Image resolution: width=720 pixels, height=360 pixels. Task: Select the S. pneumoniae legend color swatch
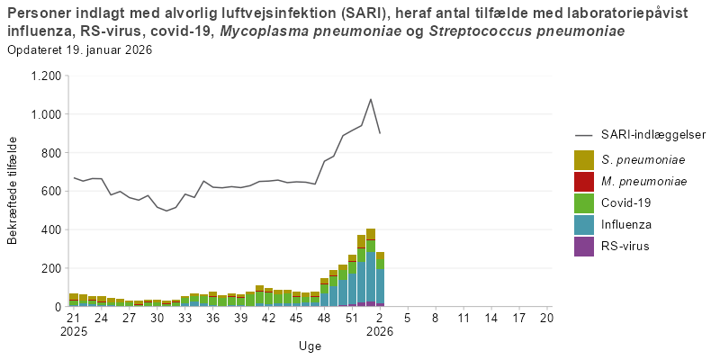click(584, 160)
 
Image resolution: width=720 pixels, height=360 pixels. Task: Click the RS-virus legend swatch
click(584, 246)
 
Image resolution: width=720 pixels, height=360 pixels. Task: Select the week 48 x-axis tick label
click(324, 318)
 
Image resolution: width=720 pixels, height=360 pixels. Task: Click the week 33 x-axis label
click(184, 318)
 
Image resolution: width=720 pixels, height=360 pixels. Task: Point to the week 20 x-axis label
click(546, 318)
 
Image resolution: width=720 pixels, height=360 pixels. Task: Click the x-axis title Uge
click(310, 346)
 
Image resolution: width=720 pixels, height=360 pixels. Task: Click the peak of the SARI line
click(371, 99)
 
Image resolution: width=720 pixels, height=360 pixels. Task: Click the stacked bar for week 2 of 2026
click(380, 280)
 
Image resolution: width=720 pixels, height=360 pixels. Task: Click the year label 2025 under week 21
click(74, 331)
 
